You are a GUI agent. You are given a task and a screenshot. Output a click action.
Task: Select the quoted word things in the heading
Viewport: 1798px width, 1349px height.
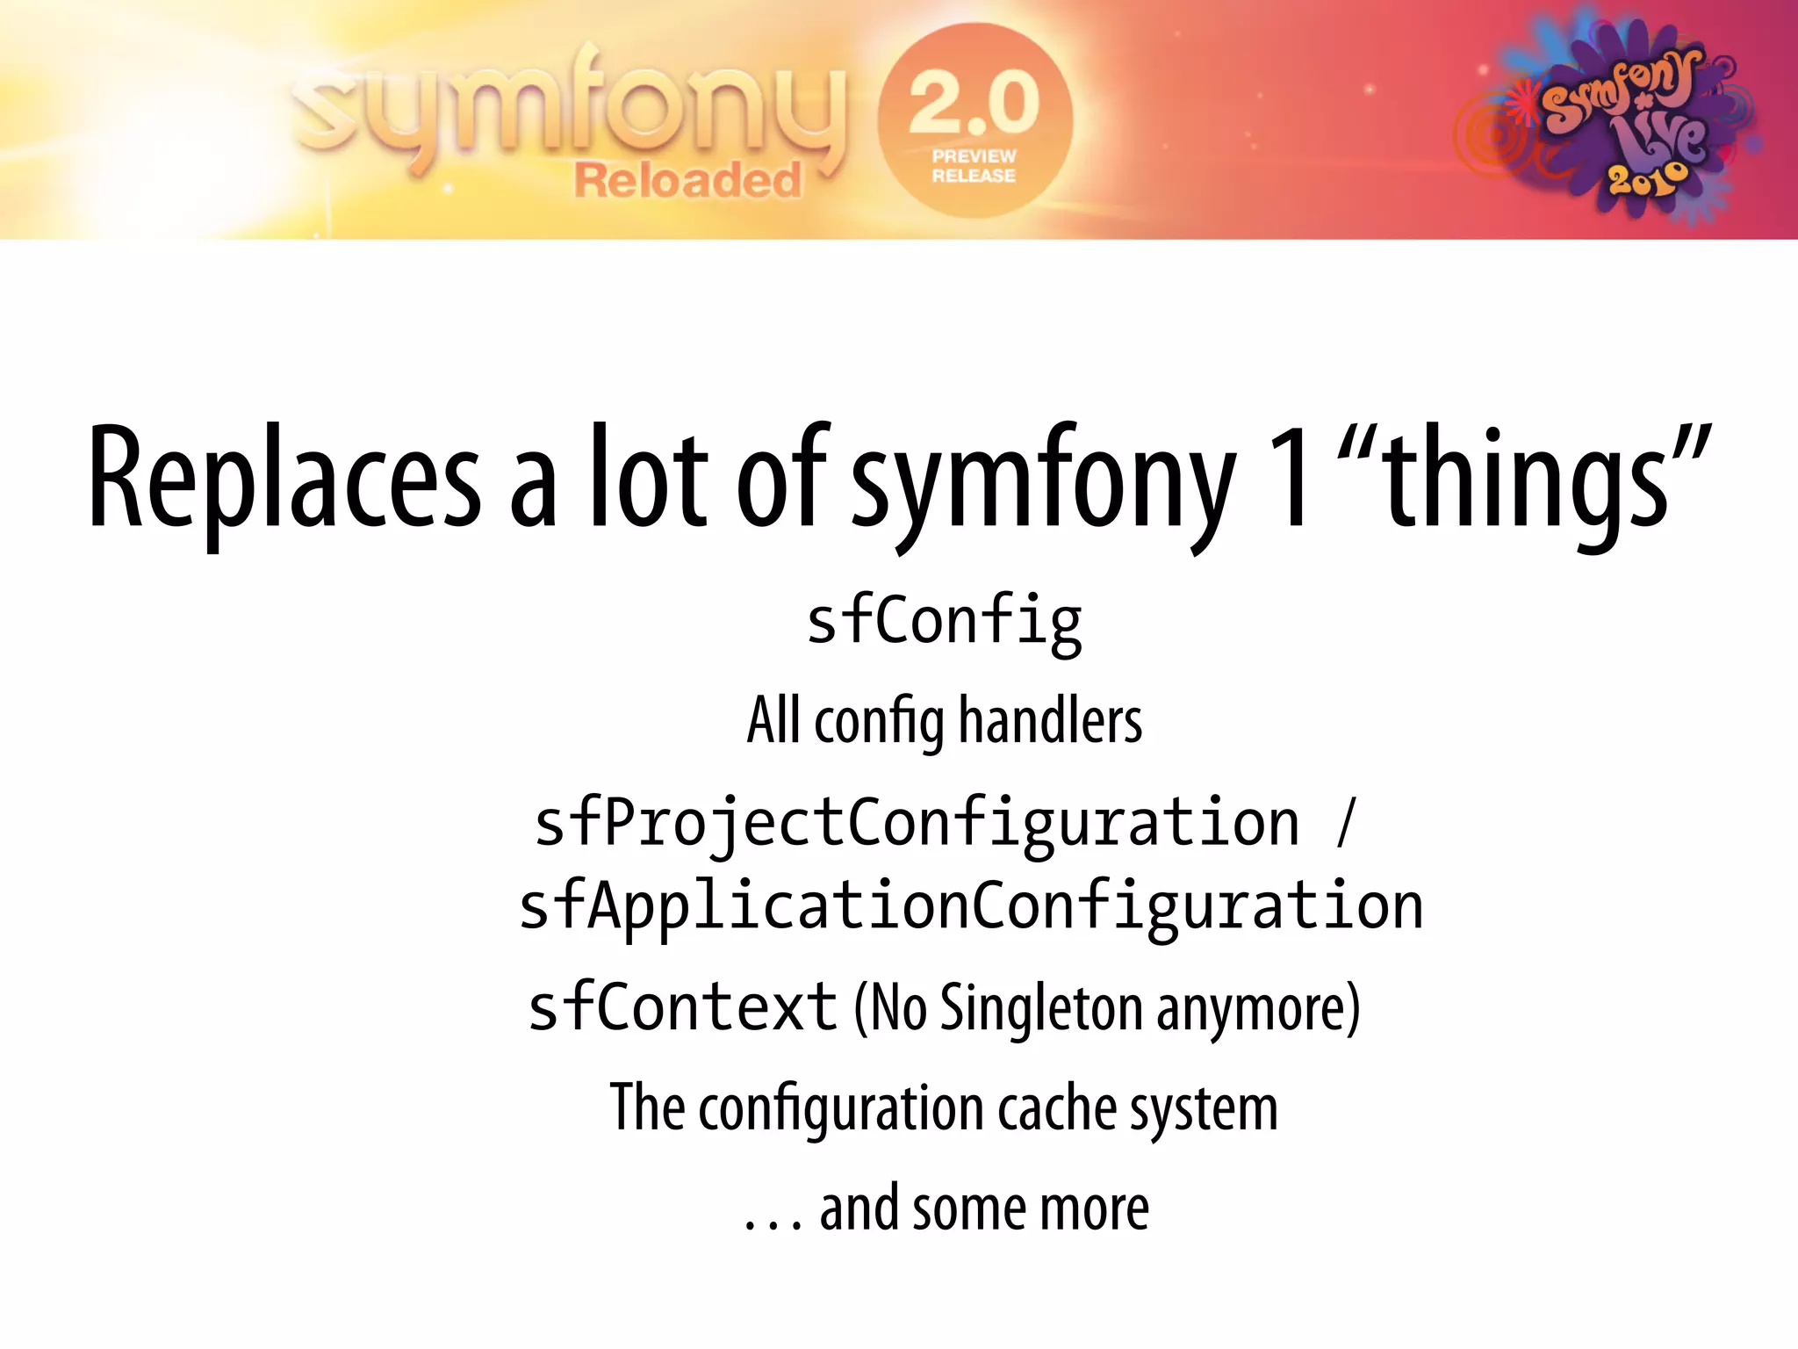(x=1526, y=481)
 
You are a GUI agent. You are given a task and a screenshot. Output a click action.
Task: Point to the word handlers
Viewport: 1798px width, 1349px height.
(x=1050, y=720)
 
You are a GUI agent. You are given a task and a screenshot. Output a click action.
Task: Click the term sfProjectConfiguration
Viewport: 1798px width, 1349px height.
(x=917, y=824)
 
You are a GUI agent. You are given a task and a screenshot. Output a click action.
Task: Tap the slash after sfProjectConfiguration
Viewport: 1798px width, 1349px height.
(x=1346, y=824)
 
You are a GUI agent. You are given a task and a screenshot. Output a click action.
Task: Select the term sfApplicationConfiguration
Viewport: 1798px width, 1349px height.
(x=971, y=907)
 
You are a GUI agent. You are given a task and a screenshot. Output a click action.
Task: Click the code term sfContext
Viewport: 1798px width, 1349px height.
(x=683, y=1007)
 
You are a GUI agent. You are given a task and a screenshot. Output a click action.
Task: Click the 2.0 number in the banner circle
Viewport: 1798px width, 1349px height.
(x=975, y=104)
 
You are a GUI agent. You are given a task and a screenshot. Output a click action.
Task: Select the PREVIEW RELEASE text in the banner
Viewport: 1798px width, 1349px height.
(x=974, y=166)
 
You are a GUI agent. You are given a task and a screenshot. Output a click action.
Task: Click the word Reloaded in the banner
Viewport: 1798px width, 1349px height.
(x=688, y=180)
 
